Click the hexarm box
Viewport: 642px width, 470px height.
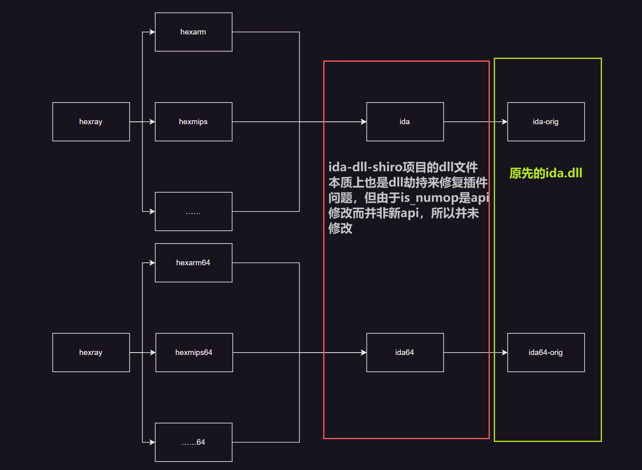tap(193, 32)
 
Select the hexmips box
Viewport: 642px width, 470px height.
tap(193, 122)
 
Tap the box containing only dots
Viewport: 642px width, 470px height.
tap(193, 212)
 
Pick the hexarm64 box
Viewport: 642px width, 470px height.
tap(193, 263)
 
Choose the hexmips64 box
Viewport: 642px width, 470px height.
tap(194, 353)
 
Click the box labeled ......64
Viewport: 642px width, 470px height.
tap(193, 442)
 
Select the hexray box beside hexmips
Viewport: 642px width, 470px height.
tap(91, 122)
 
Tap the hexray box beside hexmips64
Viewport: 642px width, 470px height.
tap(91, 353)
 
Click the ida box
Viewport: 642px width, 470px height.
tap(405, 122)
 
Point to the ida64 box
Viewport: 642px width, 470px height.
tap(405, 353)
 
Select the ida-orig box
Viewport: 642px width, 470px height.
tap(546, 122)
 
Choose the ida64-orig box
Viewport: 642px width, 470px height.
tap(546, 353)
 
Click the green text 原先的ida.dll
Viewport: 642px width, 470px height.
tap(545, 173)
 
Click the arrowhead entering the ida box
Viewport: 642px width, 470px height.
tap(364, 122)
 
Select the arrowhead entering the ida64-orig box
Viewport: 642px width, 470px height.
tap(505, 353)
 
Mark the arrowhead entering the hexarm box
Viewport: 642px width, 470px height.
tap(152, 32)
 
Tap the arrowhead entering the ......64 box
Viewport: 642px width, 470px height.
tap(152, 442)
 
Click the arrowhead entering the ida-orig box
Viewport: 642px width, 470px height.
tap(505, 122)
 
